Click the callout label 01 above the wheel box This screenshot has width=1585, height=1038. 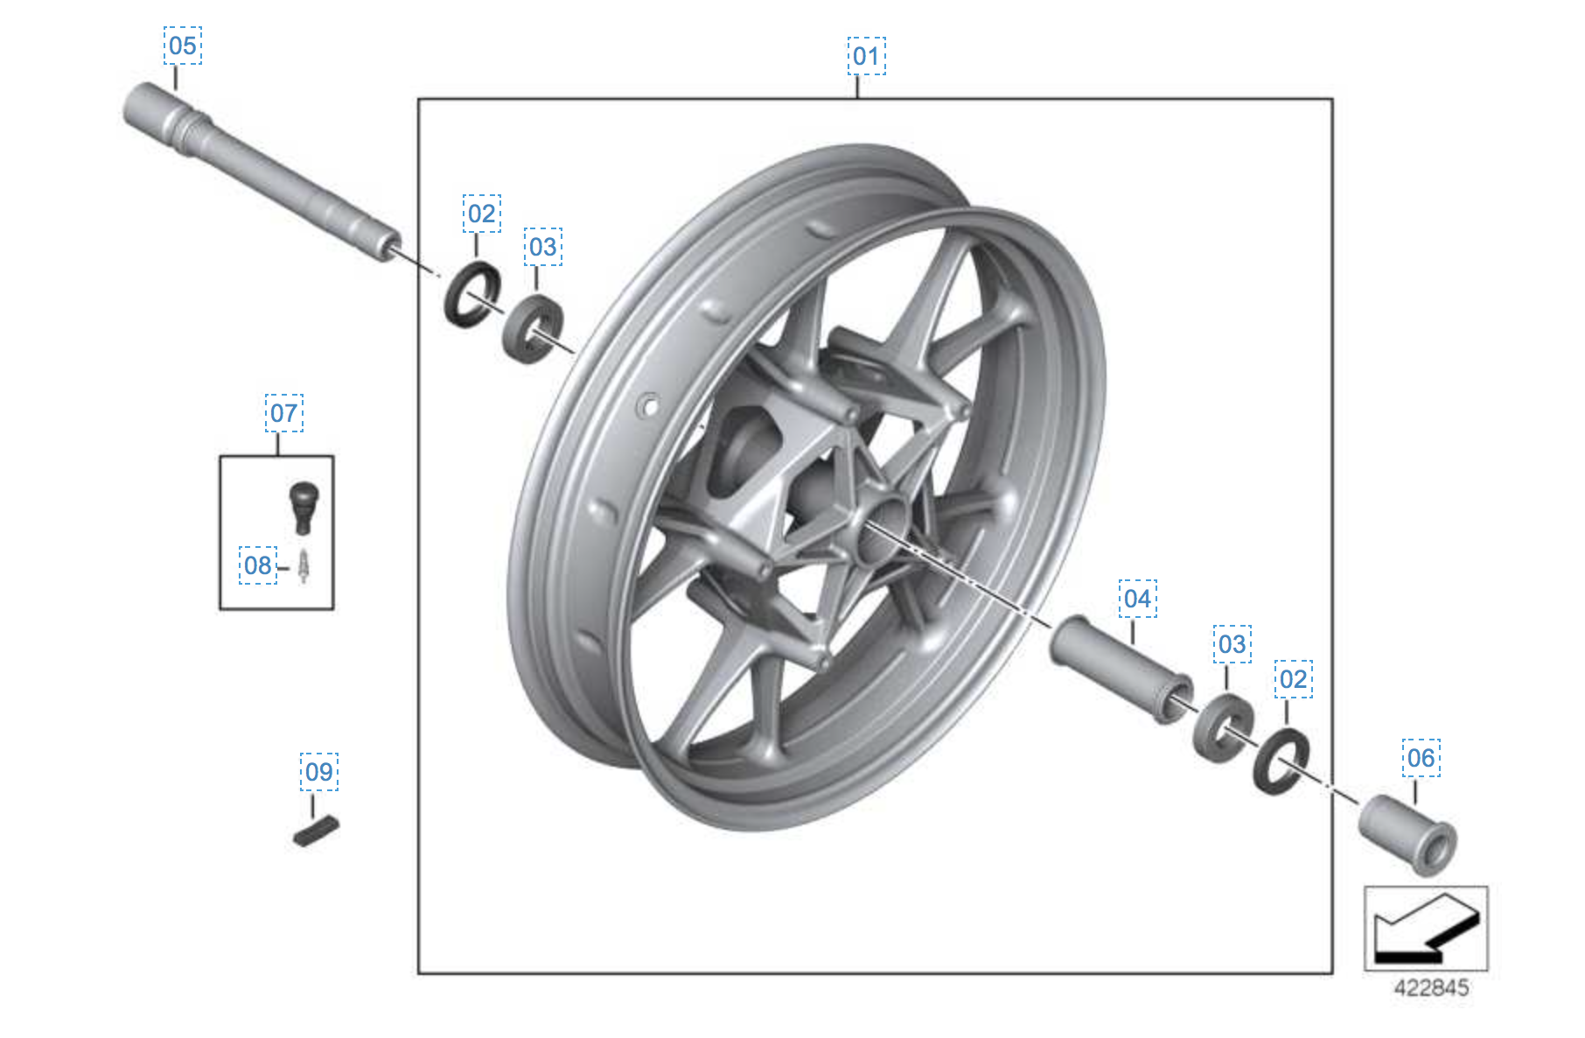coord(866,56)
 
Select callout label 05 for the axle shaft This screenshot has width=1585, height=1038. coord(183,46)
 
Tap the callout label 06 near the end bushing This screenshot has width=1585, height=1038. coord(1421,758)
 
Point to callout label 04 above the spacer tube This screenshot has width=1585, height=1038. coord(1137,599)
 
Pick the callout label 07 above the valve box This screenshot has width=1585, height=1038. coord(284,413)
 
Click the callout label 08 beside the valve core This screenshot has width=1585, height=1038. coord(258,565)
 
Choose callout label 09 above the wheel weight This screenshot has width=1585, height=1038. coord(319,772)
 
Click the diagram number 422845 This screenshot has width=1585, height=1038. coord(1431,988)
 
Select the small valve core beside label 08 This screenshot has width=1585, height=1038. coord(304,566)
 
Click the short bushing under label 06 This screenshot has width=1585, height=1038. coord(1407,833)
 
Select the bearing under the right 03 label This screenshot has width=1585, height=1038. coord(1223,727)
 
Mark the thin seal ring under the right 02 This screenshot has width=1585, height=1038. coord(1281,761)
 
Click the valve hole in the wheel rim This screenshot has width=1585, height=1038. coord(649,406)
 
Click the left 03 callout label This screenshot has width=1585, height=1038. coord(543,247)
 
